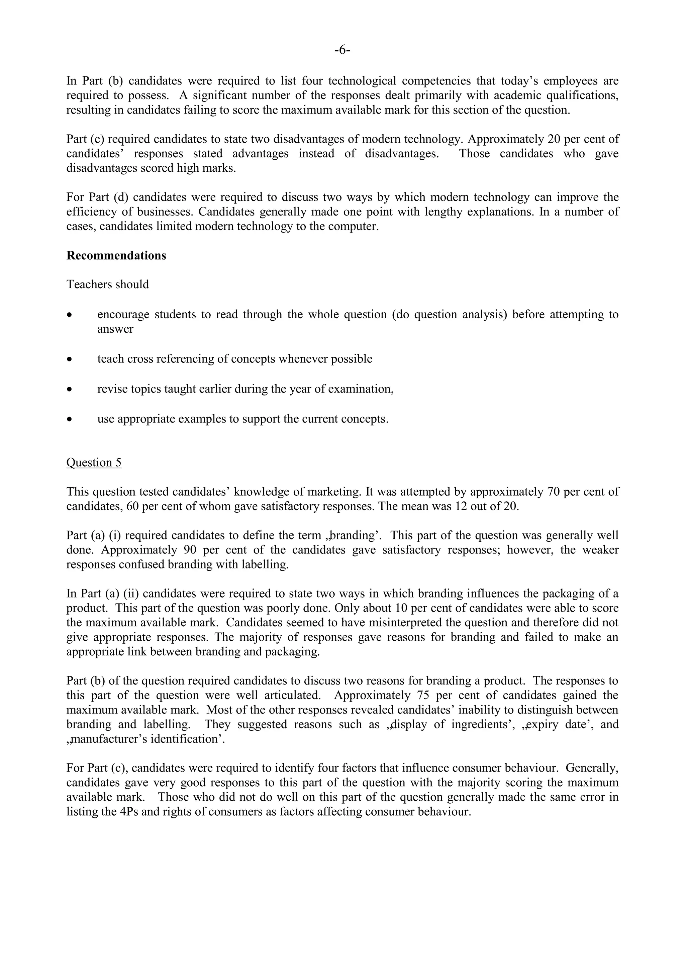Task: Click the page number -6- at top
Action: (342, 50)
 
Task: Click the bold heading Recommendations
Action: (116, 256)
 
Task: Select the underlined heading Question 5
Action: (94, 463)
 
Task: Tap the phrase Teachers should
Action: (108, 285)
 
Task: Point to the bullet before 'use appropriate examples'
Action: (70, 420)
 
